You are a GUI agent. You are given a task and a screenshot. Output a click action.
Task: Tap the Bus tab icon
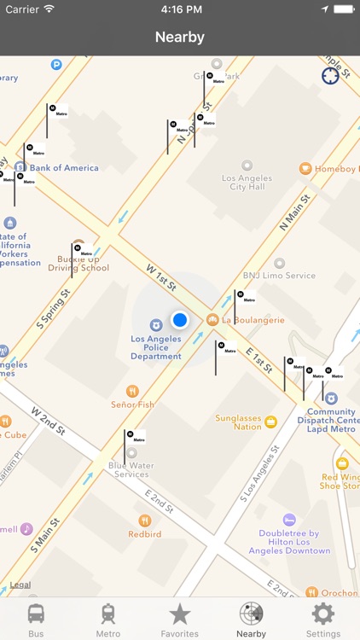pos(36,614)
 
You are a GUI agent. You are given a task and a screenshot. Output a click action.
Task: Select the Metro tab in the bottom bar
pos(107,614)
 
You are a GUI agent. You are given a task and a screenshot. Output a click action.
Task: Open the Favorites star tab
pos(179,614)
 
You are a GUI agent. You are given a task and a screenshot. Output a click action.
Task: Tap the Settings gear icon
pos(322,614)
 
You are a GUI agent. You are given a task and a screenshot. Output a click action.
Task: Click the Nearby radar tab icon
pos(251,614)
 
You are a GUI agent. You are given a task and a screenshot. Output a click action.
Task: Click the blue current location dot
pos(179,320)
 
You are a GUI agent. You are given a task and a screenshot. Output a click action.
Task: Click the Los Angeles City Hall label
pos(247,183)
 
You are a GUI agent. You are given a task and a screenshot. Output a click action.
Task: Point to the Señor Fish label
pos(132,404)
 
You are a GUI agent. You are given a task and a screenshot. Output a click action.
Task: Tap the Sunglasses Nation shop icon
pos(271,422)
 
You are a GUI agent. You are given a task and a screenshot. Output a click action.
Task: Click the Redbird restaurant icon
pos(145,520)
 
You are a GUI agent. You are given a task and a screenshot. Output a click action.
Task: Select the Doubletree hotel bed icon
pos(289,520)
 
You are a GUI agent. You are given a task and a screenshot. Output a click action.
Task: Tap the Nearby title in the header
pos(180,37)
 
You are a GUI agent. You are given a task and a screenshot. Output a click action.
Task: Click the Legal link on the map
pos(20,586)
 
